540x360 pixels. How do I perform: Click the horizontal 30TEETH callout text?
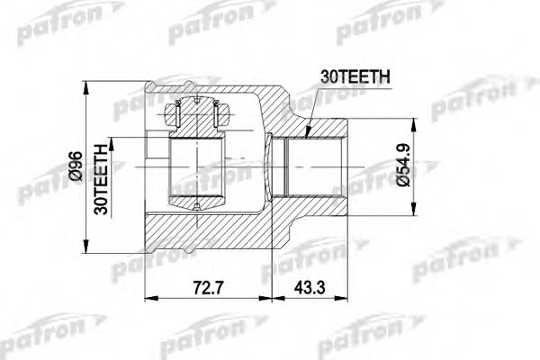pos(353,78)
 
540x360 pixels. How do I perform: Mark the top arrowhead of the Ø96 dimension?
pos(85,87)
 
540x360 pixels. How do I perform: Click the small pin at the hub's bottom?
pos(196,206)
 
